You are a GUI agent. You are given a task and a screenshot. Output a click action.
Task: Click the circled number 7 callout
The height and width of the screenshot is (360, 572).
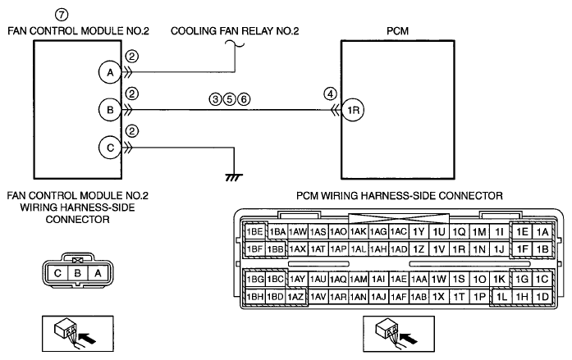click(x=62, y=15)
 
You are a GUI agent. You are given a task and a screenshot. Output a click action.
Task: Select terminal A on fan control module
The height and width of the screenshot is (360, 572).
click(x=110, y=72)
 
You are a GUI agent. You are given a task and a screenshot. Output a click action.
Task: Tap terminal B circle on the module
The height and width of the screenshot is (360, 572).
click(x=110, y=110)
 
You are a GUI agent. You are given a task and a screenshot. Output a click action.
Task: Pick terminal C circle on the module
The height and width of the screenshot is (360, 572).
click(x=110, y=148)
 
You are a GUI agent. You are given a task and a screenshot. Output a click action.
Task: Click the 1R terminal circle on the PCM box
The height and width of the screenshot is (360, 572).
click(x=353, y=110)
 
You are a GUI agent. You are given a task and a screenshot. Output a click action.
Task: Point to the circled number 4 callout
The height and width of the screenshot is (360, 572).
click(x=330, y=94)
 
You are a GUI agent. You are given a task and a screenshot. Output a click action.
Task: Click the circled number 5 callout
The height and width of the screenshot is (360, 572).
click(x=230, y=99)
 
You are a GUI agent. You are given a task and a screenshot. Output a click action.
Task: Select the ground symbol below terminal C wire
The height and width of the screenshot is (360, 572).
click(x=234, y=177)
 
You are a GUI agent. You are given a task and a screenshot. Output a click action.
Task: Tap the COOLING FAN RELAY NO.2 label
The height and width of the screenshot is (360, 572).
click(x=235, y=31)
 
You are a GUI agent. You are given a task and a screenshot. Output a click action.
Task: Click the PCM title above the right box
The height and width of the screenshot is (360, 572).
click(x=398, y=31)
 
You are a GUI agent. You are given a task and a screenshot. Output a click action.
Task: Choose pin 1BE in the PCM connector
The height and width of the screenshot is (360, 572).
click(x=254, y=232)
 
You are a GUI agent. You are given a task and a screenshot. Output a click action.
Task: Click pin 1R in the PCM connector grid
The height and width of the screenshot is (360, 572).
click(x=459, y=249)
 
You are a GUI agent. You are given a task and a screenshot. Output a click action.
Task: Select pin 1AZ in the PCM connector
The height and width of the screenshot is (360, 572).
click(x=295, y=297)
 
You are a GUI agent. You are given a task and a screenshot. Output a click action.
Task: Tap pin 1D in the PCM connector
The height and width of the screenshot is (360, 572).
click(x=542, y=297)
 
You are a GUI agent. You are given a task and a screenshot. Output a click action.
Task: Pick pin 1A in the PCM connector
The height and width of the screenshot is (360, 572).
click(x=542, y=232)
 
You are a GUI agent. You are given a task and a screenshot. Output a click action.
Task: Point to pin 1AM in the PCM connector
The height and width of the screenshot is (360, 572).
click(x=359, y=279)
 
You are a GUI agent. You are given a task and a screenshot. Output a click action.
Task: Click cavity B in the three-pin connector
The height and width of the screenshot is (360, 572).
click(x=77, y=273)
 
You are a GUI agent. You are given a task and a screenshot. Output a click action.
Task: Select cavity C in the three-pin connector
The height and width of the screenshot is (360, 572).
click(x=57, y=273)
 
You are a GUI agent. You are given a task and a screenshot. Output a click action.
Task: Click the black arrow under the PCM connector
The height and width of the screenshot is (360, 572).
click(x=409, y=338)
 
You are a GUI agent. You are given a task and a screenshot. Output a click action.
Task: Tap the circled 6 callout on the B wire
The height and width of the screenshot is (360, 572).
click(x=244, y=99)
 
